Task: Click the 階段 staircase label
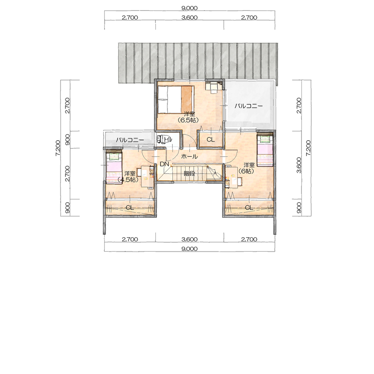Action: click(x=190, y=173)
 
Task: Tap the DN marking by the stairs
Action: click(x=164, y=164)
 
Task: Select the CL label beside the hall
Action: click(x=211, y=139)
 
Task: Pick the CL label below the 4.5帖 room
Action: click(x=130, y=207)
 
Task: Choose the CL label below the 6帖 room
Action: click(x=248, y=207)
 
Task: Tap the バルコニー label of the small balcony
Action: click(x=130, y=140)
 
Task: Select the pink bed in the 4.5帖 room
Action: click(x=114, y=167)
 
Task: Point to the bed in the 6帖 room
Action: click(x=264, y=149)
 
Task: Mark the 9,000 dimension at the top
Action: click(x=190, y=8)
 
